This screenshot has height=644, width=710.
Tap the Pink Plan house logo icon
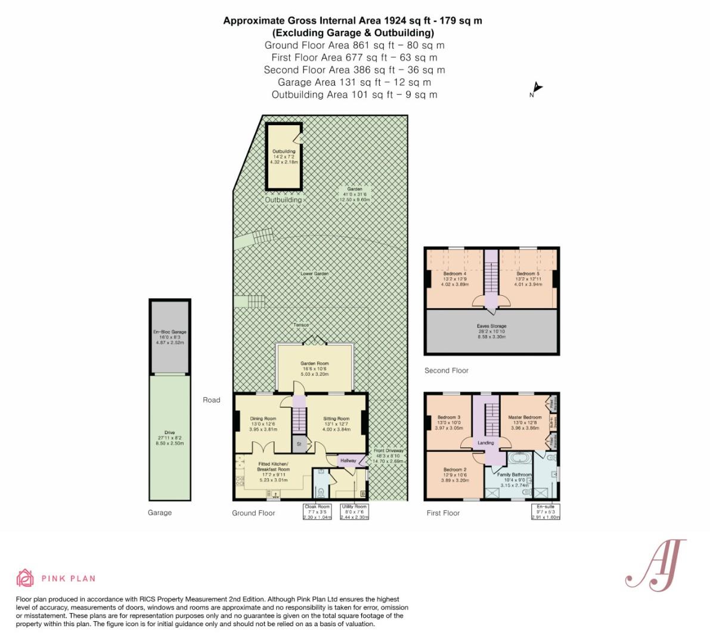click(25, 578)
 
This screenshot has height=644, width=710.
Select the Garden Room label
click(314, 363)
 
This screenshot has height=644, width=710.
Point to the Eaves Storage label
click(491, 326)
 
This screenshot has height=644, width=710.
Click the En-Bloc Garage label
click(170, 332)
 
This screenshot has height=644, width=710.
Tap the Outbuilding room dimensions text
click(284, 159)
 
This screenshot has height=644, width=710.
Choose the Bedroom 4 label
click(455, 274)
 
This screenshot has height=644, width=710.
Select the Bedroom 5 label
click(528, 274)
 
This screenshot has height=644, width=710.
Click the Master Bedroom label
click(525, 417)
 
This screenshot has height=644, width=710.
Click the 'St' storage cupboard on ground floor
click(299, 444)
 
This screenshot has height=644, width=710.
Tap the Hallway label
click(348, 460)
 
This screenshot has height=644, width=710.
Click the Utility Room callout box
click(354, 512)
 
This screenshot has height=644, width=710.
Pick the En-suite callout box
click(545, 512)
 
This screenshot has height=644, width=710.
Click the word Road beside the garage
click(212, 400)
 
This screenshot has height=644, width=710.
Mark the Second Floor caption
click(447, 370)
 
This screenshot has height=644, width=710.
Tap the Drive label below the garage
click(170, 433)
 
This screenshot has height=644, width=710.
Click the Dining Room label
click(263, 419)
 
